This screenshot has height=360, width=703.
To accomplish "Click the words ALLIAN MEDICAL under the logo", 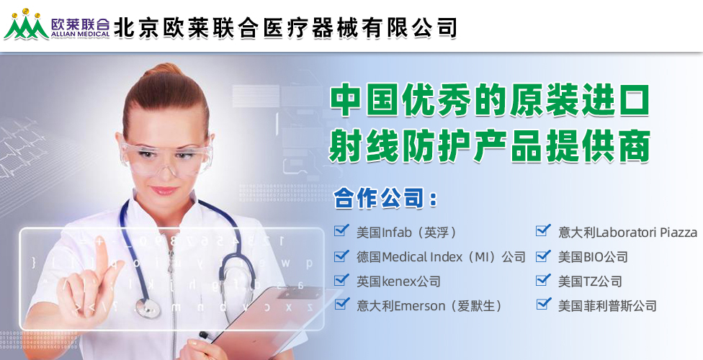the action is click(81, 34).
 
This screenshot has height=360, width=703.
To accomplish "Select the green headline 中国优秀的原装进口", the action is click(490, 102).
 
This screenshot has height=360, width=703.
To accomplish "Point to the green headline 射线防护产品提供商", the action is click(490, 145).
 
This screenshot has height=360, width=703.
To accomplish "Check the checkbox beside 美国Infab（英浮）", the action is click(341, 230).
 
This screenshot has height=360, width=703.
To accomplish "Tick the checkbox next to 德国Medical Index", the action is click(341, 256).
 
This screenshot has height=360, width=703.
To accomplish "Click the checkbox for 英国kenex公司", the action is click(341, 280).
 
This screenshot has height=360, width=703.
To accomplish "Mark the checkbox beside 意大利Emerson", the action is click(341, 304).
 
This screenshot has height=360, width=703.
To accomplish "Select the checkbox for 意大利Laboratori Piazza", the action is click(543, 230).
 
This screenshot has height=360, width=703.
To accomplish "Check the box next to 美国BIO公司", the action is click(543, 256).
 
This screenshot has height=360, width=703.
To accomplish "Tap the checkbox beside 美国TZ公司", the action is click(543, 280).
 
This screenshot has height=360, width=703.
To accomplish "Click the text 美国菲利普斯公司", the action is click(607, 306).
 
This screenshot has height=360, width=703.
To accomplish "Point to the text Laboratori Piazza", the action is click(647, 233).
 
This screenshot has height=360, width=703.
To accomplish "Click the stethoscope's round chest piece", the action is click(148, 308).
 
